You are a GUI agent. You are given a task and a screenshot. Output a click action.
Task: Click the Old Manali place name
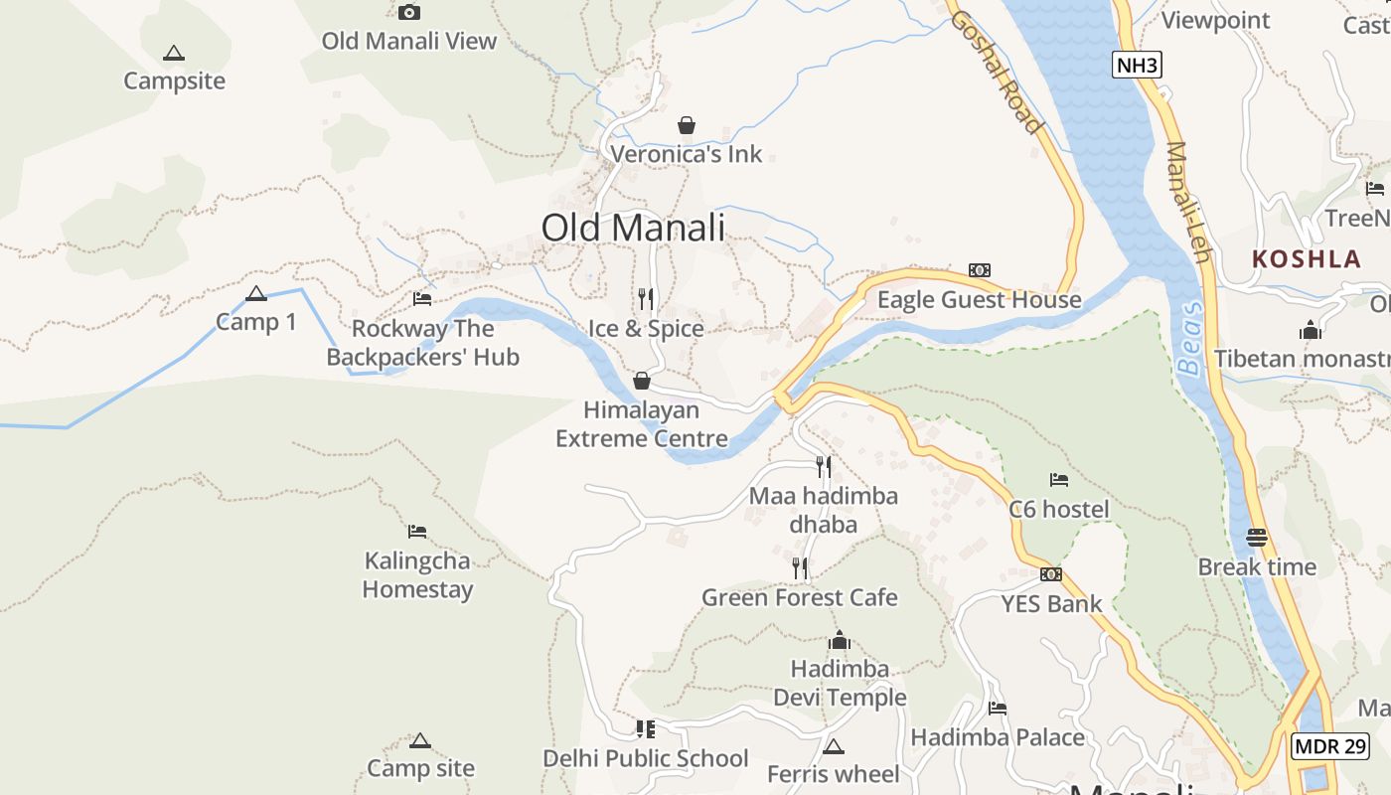(x=633, y=228)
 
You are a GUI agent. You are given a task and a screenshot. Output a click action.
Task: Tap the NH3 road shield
(x=1137, y=66)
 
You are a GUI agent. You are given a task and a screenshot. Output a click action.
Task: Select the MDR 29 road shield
(x=1330, y=745)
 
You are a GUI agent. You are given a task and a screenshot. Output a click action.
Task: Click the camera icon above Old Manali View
(x=408, y=13)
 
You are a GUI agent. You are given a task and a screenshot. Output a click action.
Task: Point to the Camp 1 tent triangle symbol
(x=256, y=294)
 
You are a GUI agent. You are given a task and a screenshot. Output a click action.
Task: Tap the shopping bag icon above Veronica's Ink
(x=686, y=125)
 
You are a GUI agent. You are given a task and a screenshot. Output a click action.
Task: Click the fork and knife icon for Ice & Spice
(x=646, y=298)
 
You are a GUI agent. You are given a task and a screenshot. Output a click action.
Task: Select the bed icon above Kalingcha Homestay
(x=417, y=532)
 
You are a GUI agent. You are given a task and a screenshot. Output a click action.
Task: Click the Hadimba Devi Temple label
(x=840, y=683)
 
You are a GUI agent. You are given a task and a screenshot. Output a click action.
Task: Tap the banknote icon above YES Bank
(x=1050, y=574)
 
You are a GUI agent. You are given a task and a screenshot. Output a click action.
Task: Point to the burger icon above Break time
(x=1256, y=538)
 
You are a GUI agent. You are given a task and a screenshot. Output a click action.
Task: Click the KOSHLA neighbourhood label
(x=1306, y=259)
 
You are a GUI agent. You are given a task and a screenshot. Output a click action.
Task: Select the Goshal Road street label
(x=997, y=72)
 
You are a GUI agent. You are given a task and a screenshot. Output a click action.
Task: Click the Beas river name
(x=1190, y=338)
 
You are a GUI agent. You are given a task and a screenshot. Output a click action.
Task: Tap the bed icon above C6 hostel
(x=1059, y=480)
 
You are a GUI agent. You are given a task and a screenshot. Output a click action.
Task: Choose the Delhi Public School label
(x=645, y=758)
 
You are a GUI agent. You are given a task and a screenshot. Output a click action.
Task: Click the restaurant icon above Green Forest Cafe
(x=800, y=568)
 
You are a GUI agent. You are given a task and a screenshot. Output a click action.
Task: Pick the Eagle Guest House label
(x=979, y=300)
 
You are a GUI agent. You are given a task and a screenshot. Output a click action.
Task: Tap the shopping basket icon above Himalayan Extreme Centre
(x=642, y=381)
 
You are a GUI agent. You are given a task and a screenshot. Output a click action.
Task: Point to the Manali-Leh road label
(x=1187, y=203)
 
